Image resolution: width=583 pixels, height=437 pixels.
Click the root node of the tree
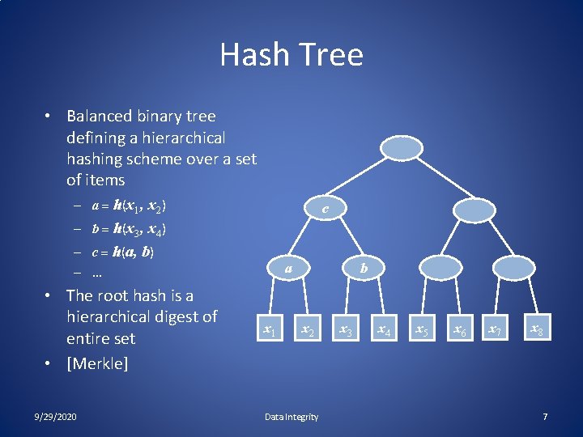tap(402, 149)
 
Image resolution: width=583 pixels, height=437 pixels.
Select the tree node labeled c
tap(326, 209)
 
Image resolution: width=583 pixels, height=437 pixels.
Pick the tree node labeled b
tap(364, 267)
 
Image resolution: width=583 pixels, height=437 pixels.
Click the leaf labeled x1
tap(270, 329)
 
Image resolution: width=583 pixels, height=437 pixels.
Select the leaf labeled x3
tap(345, 329)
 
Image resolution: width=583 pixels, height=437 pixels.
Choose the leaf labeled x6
tap(459, 329)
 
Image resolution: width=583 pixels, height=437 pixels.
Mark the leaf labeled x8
tap(535, 329)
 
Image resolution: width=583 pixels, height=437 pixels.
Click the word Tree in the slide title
tap(330, 55)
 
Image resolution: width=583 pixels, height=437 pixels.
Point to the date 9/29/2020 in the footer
tap(57, 417)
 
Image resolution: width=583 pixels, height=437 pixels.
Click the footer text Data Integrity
tap(291, 417)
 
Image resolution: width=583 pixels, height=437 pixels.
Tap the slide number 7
tap(545, 417)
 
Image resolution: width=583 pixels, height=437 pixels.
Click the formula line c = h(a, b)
tap(122, 252)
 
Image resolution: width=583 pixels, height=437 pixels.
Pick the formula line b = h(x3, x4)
tap(129, 229)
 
